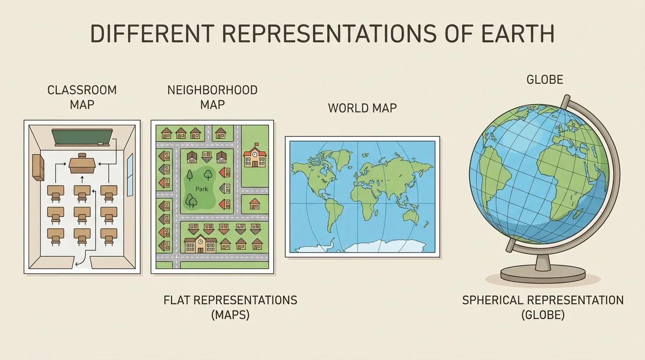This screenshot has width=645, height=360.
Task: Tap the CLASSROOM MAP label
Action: [x=82, y=97]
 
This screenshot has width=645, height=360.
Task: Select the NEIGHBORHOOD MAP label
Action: [x=212, y=97]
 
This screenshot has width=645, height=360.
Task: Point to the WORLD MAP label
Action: [x=362, y=108]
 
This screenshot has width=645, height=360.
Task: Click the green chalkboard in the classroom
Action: [x=82, y=137]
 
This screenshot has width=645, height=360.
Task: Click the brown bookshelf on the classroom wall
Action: [x=38, y=167]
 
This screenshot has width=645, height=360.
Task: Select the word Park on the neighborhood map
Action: [x=202, y=189]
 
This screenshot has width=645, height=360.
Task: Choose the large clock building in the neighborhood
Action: [x=201, y=244]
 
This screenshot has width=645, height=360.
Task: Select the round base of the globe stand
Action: [x=543, y=273]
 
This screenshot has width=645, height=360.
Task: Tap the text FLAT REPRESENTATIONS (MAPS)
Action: [x=230, y=307]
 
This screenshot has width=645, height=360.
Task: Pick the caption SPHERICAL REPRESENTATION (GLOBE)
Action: [x=543, y=307]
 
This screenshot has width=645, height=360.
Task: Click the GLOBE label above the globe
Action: [x=545, y=80]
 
